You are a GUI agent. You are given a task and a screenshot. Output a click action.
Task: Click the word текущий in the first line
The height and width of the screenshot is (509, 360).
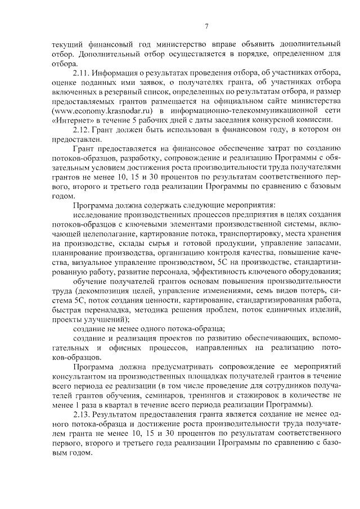66,43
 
